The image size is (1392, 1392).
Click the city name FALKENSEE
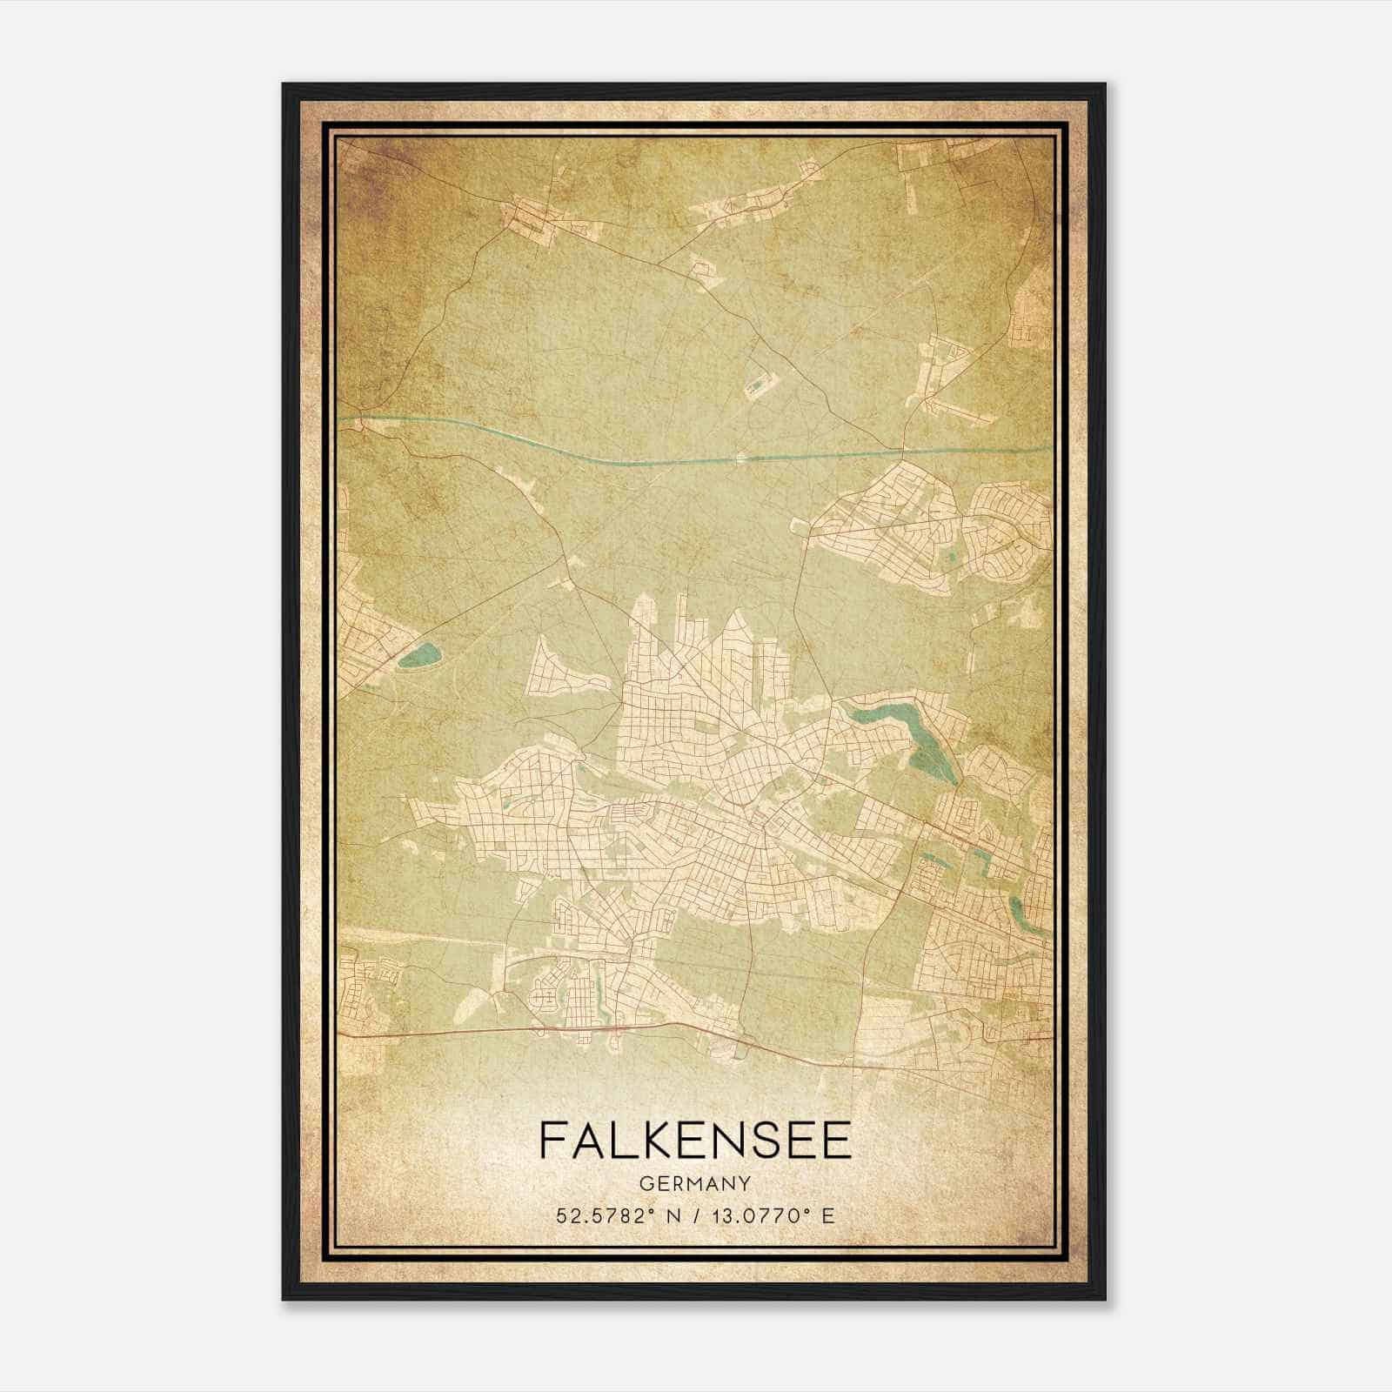pos(695,1141)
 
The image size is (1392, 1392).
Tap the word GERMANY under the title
pos(695,1183)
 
